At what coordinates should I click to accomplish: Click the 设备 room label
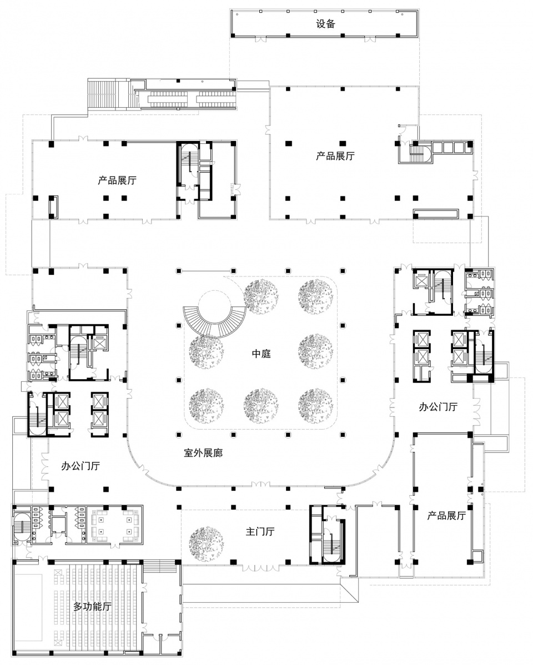pyautogui.click(x=325, y=24)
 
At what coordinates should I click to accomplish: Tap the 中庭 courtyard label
pyautogui.click(x=261, y=353)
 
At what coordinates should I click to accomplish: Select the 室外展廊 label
pyautogui.click(x=203, y=453)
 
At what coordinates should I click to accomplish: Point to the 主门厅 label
pyautogui.click(x=260, y=531)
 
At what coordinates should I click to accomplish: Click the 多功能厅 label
pyautogui.click(x=92, y=607)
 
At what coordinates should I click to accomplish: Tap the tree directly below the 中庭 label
pyautogui.click(x=261, y=406)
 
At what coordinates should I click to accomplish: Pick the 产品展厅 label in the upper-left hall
pyautogui.click(x=117, y=180)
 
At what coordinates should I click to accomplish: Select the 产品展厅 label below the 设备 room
pyautogui.click(x=335, y=155)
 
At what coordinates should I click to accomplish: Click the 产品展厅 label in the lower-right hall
pyautogui.click(x=446, y=516)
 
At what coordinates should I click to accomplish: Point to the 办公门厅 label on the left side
pyautogui.click(x=80, y=466)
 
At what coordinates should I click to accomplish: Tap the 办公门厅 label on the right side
pyautogui.click(x=438, y=407)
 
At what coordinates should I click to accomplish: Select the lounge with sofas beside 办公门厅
pyautogui.click(x=114, y=525)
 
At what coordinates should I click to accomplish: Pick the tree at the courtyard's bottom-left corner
pyautogui.click(x=207, y=406)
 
